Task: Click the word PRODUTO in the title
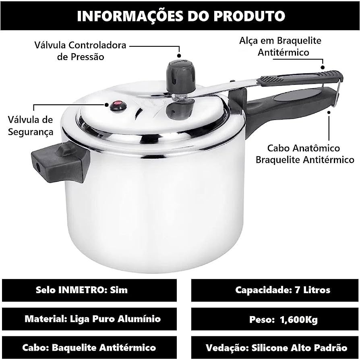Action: (x=249, y=16)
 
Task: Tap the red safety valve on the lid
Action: (x=118, y=106)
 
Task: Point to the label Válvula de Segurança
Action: (x=31, y=126)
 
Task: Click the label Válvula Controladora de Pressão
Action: (x=81, y=51)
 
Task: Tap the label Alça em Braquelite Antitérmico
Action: (x=280, y=46)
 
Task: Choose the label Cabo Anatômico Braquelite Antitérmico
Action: (x=305, y=154)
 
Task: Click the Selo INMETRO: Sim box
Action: (x=89, y=290)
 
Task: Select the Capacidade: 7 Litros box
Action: (x=275, y=290)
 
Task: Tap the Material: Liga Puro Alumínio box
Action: (x=89, y=319)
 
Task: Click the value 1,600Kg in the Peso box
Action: (x=299, y=320)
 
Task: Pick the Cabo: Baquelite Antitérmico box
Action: (x=89, y=348)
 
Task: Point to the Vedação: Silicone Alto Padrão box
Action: (x=275, y=348)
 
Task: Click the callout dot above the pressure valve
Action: (x=179, y=56)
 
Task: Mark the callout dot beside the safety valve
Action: (x=107, y=105)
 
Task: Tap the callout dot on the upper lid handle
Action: (x=323, y=67)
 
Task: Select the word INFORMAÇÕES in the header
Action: (x=130, y=16)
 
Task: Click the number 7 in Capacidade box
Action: (x=297, y=290)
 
